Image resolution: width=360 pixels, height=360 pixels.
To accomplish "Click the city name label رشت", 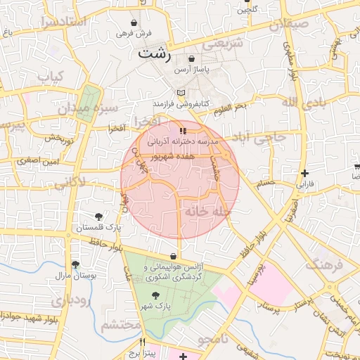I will pyautogui.click(x=155, y=53).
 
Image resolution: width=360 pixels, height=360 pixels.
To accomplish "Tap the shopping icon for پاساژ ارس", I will pyautogui.click(x=193, y=60).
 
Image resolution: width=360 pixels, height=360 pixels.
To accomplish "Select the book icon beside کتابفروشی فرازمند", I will pyautogui.click(x=181, y=93).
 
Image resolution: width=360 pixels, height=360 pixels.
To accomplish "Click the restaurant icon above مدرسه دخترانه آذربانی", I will pyautogui.click(x=183, y=131).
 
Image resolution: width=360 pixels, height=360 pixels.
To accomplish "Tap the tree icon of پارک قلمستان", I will pyautogui.click(x=98, y=217).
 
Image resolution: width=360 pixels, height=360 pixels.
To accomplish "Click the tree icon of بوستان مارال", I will pyautogui.click(x=75, y=264).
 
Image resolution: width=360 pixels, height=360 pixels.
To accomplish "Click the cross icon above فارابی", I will pyautogui.click(x=304, y=173).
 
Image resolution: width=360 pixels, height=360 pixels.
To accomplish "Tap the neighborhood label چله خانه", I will pyautogui.click(x=206, y=210).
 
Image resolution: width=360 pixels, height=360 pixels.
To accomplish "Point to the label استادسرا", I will pyautogui.click(x=63, y=21).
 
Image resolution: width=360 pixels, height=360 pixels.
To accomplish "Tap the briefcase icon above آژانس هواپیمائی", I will pyautogui.click(x=174, y=257).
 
